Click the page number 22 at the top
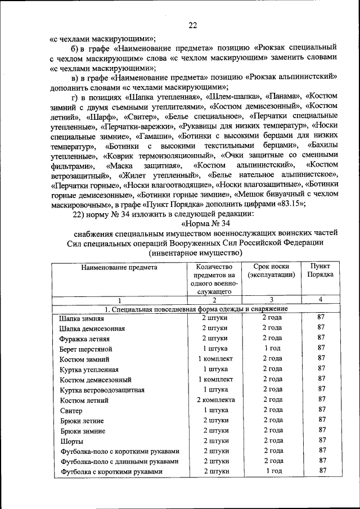[x=193, y=25]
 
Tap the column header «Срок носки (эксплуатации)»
[x=271, y=271]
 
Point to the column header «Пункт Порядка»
[x=320, y=271]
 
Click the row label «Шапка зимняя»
[x=82, y=318]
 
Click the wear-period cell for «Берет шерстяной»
[x=272, y=349]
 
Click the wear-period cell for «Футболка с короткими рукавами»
[x=272, y=471]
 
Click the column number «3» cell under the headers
[x=271, y=300]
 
